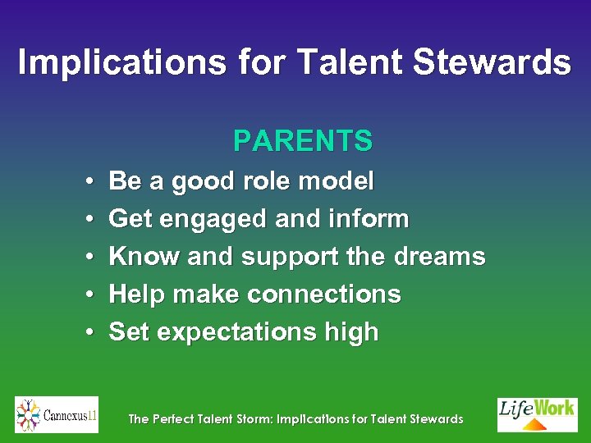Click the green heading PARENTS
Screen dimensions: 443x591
303,141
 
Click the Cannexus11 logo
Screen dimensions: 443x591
57,415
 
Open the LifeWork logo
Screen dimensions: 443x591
537,414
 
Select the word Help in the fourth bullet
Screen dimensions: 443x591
135,295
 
